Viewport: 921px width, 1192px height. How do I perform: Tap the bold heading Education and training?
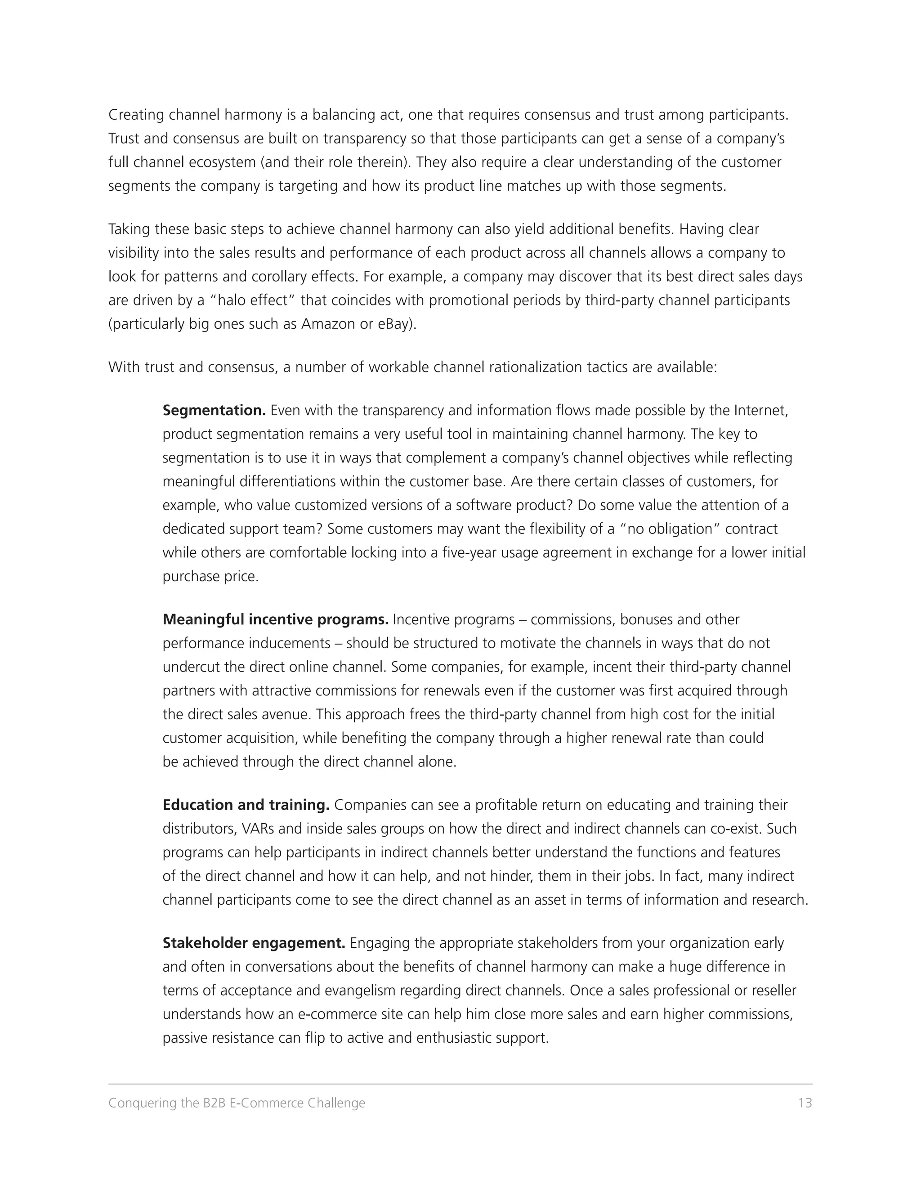tap(246, 805)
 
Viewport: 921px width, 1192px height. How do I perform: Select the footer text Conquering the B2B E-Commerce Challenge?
tap(237, 1102)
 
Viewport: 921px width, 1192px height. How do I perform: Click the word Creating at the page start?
tap(136, 115)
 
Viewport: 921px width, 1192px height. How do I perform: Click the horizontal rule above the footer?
tap(460, 1084)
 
